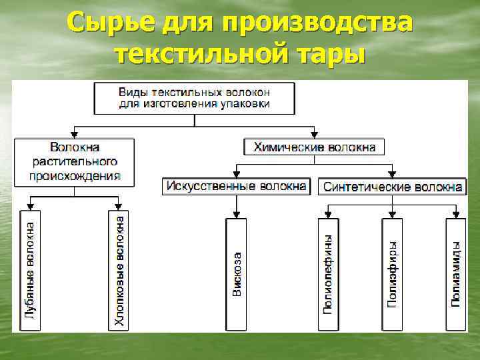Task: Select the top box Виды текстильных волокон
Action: pyautogui.click(x=195, y=97)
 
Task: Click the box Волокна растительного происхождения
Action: pyautogui.click(x=75, y=161)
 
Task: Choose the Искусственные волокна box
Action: pyautogui.click(x=237, y=186)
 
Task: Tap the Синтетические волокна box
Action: pyautogui.click(x=393, y=187)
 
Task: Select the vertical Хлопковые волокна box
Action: pyautogui.click(x=119, y=269)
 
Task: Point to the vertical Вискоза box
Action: pyautogui.click(x=237, y=273)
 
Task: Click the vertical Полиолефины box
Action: pyautogui.click(x=328, y=273)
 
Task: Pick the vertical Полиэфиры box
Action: pyautogui.click(x=393, y=273)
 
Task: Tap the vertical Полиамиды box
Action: pyautogui.click(x=456, y=273)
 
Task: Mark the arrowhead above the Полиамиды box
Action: pyautogui.click(x=456, y=214)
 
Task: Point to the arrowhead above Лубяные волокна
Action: pyautogui.click(x=31, y=205)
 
